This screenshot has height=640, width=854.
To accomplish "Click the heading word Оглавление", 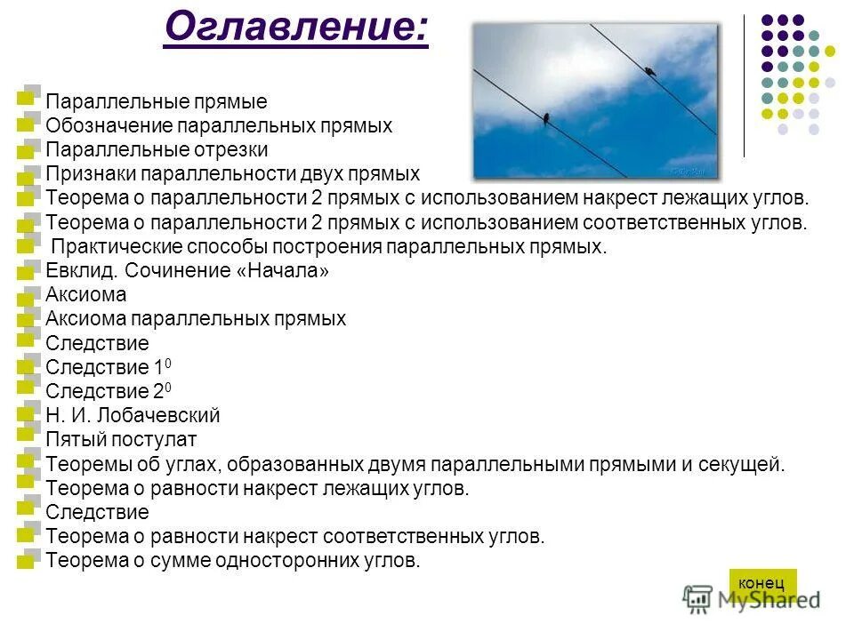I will pos(295,29).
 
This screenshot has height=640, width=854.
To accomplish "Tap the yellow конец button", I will pos(762,583).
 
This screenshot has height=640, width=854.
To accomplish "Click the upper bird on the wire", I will pos(650,70).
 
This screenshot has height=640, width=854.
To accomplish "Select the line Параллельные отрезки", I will pos(157,150).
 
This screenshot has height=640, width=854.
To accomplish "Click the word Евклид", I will pos(82,271).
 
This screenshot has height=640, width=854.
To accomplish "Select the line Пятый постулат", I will pos(121,439).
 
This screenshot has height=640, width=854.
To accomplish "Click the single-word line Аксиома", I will pos(86,295).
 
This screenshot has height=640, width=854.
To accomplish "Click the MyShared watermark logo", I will pos(753,599).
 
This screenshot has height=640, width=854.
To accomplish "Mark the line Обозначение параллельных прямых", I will pos(219,126).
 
